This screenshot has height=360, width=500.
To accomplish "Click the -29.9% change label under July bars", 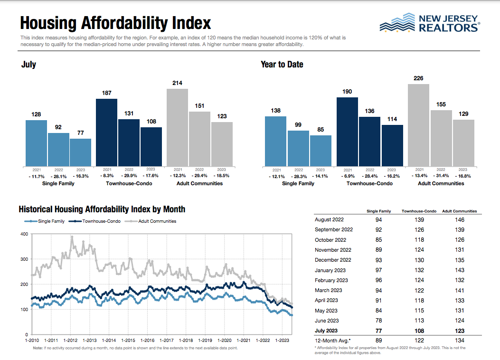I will point(129,176).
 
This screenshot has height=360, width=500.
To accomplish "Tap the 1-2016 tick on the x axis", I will point(147,341).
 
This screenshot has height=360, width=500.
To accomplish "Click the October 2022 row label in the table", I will point(330,240).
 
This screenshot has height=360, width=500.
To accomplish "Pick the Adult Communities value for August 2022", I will point(459,220).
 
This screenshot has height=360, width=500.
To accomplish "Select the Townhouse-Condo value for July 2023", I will point(419,331).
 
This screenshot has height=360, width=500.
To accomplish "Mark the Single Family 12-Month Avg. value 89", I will point(378,340).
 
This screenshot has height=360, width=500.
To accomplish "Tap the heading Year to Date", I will point(282,65).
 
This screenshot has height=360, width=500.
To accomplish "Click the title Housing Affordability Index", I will point(115,23).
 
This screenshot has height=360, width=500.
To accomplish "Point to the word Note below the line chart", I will point(38,348).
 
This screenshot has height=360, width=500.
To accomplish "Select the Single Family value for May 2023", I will point(378,311).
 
